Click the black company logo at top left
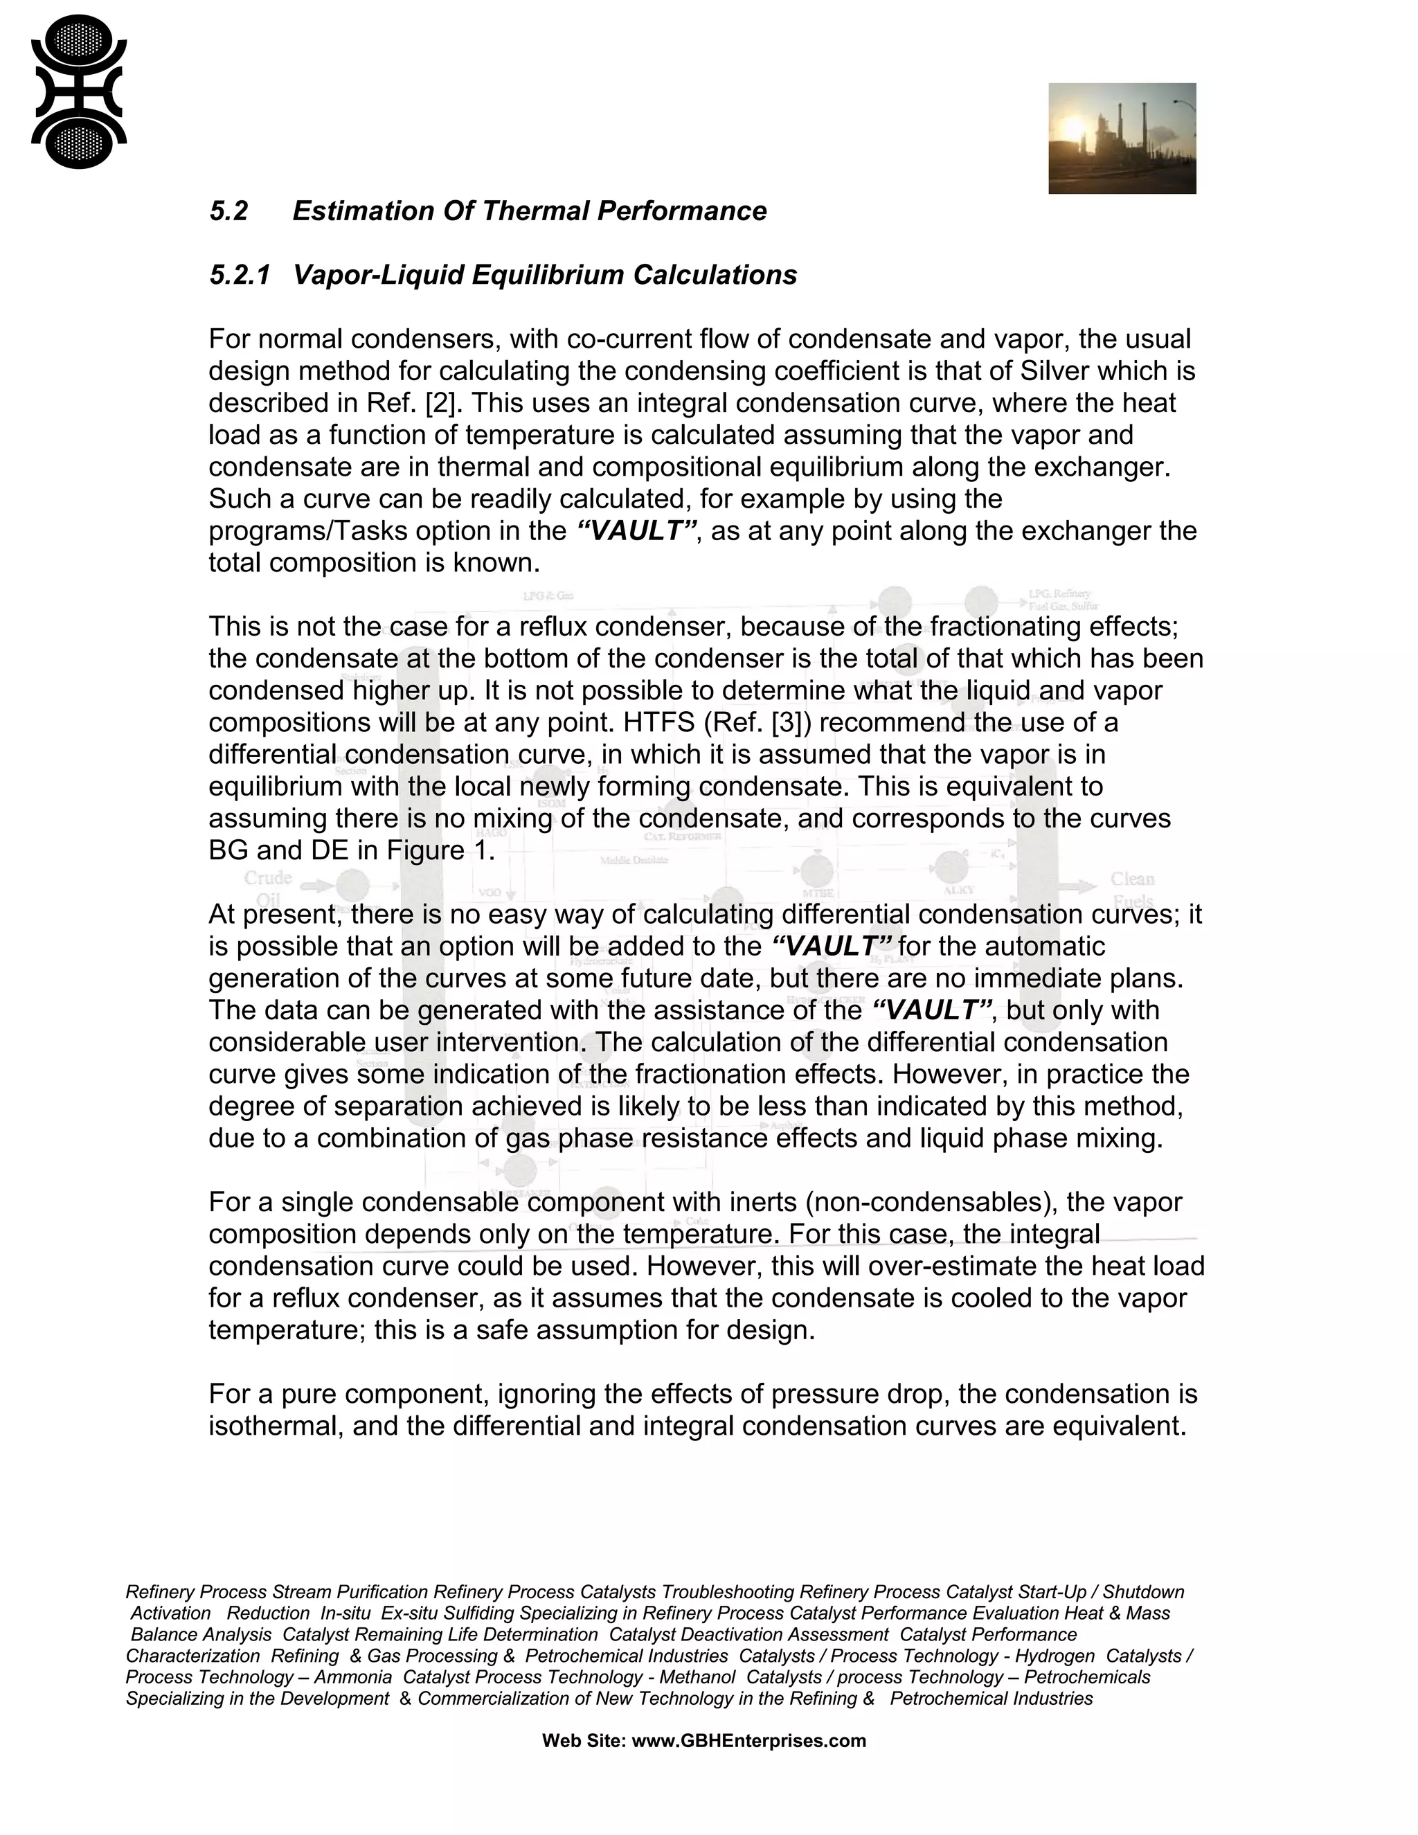[78, 91]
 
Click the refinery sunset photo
[1122, 138]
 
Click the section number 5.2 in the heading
[228, 211]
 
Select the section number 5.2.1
[239, 275]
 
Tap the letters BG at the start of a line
[228, 850]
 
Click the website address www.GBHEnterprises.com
[748, 1741]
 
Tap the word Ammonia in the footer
[353, 1677]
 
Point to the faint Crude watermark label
[268, 878]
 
